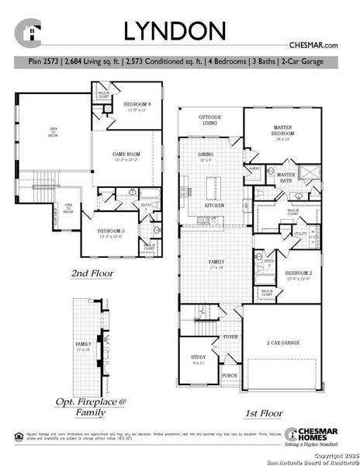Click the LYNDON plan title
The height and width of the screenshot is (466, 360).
176,30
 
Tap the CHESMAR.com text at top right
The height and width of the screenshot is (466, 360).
313,47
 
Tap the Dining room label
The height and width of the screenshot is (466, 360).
206,156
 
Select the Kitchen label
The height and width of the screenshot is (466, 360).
214,205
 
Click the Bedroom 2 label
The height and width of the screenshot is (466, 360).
297,275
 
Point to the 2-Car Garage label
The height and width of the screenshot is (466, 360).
282,343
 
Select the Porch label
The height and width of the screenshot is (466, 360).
229,375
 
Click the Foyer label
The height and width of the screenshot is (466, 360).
230,339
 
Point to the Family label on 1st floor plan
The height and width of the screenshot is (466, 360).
216,264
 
